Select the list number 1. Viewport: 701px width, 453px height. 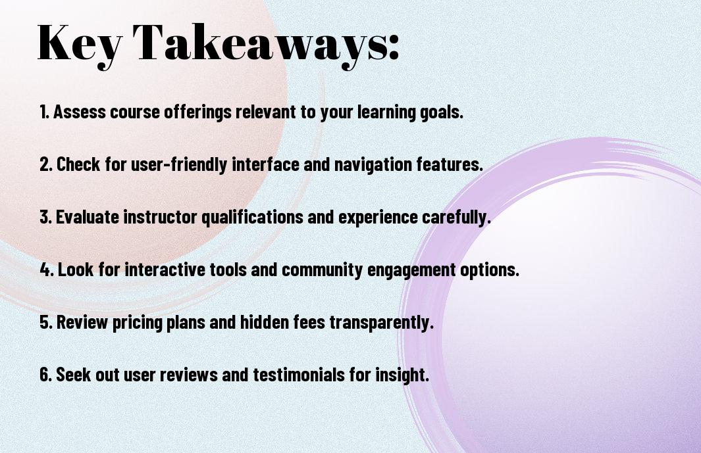[44, 112]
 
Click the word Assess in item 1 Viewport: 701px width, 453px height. [80, 112]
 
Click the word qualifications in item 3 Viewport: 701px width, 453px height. [252, 218]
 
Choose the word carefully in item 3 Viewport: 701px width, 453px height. [456, 218]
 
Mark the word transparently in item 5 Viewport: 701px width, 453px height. [382, 323]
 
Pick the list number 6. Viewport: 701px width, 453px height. [45, 375]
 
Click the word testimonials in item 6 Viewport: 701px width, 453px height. [299, 374]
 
